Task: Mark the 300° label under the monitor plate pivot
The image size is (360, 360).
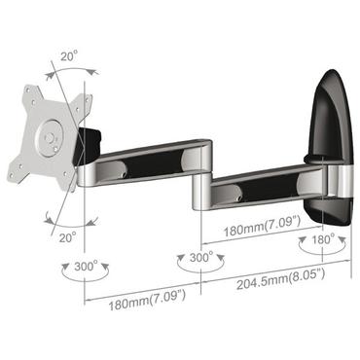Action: coord(84,266)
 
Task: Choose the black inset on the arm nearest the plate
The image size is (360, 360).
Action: coord(151,161)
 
